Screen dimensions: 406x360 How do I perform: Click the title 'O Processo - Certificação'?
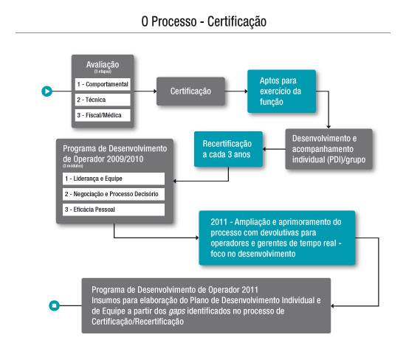(204, 21)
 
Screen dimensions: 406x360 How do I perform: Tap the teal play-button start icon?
(47, 91)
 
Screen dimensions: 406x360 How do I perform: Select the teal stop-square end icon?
(55, 305)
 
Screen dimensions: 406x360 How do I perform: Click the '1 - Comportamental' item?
(103, 84)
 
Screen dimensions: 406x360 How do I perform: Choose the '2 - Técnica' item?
(103, 100)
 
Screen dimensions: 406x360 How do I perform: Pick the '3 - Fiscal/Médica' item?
(103, 115)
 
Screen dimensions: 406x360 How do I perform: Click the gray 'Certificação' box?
(191, 91)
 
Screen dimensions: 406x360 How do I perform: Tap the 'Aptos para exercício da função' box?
(282, 91)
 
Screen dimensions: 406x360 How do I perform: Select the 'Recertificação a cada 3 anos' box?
(228, 149)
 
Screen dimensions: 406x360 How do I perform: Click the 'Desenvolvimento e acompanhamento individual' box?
(328, 149)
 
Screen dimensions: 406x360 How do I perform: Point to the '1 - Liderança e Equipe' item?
(114, 179)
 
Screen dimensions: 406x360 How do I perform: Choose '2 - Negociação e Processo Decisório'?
(114, 194)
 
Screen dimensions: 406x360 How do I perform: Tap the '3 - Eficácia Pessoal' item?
(114, 210)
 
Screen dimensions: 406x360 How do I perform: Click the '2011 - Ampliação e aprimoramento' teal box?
(277, 238)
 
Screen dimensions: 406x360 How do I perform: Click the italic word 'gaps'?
(177, 311)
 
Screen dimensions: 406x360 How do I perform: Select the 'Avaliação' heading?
(103, 64)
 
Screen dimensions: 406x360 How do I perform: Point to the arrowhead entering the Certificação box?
(155, 91)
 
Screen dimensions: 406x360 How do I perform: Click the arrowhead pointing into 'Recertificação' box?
(264, 149)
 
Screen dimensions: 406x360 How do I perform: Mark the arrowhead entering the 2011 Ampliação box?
(197, 238)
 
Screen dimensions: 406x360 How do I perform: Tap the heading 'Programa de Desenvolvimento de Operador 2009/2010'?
(114, 153)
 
